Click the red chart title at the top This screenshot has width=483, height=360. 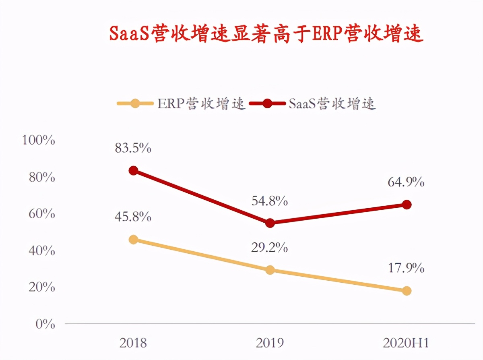tap(266, 34)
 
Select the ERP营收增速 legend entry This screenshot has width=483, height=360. tap(181, 103)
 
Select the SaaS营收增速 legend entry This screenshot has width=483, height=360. tap(312, 103)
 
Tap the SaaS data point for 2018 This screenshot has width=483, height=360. tap(134, 171)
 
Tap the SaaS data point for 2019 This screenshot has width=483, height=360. tap(270, 223)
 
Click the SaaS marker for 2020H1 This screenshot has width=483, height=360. tap(407, 205)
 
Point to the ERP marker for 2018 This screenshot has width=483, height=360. tap(134, 240)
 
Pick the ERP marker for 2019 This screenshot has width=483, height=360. tap(270, 270)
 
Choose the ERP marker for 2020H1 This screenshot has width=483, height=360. tap(407, 291)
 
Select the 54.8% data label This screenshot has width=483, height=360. tap(270, 201)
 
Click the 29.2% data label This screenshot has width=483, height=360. tap(270, 248)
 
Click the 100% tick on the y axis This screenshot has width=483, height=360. tap(39, 141)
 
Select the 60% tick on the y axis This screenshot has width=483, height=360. tap(42, 214)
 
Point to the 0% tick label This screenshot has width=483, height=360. tap(45, 324)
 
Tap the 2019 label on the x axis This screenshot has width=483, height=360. tap(270, 343)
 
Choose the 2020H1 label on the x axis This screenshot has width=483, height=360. tap(406, 343)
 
